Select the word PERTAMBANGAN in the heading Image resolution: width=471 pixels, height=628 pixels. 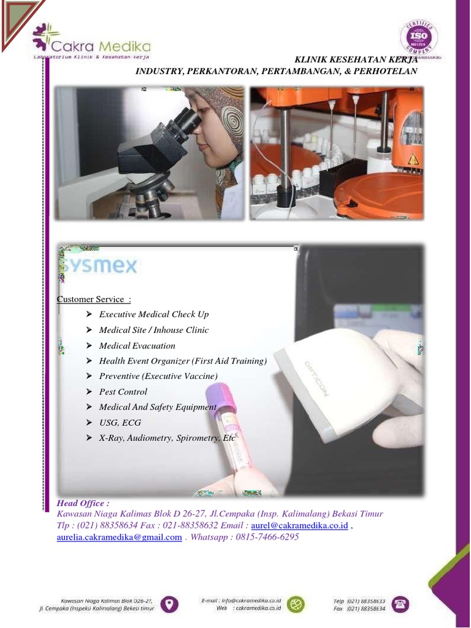[301, 71]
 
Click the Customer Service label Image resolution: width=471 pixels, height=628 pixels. [93, 299]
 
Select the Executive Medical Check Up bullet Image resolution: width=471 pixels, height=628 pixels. [154, 314]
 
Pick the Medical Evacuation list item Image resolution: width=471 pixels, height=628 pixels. [137, 345]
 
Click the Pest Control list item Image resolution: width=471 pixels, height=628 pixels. [123, 391]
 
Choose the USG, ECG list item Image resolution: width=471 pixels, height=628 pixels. [120, 423]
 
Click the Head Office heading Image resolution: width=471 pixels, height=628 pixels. [83, 502]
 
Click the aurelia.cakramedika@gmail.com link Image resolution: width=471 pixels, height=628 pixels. [119, 537]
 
